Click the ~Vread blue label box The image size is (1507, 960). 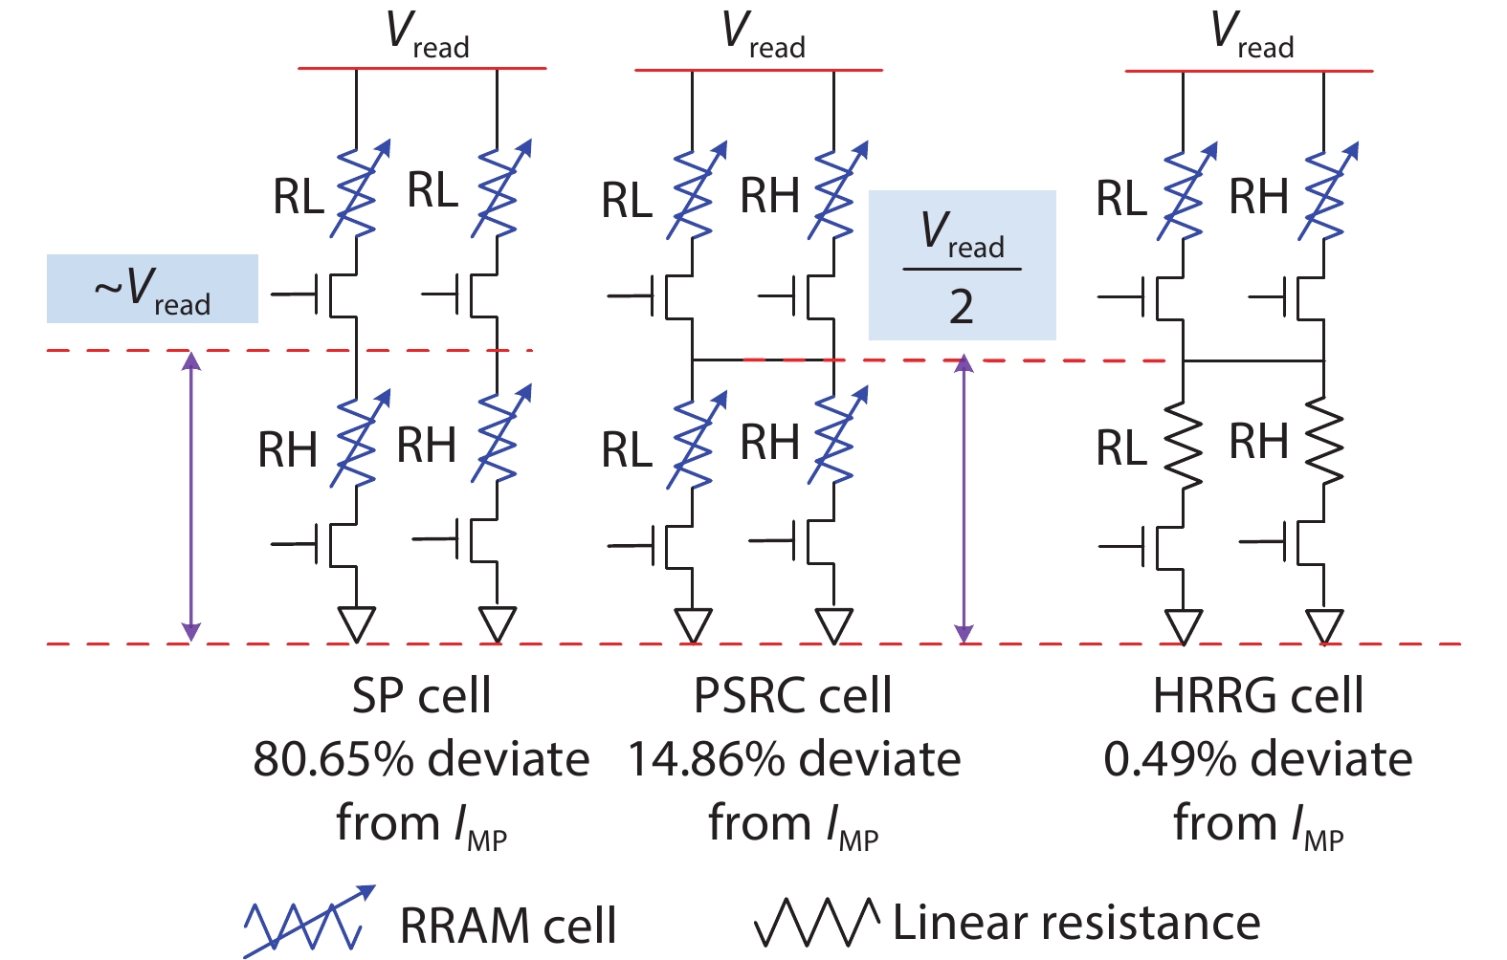click(x=152, y=289)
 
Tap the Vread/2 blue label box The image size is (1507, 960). click(x=962, y=266)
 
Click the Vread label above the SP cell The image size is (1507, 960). click(x=427, y=34)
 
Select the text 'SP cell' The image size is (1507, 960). click(x=421, y=696)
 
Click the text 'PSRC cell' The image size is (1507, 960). click(x=792, y=696)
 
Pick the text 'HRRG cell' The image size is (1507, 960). click(x=1257, y=696)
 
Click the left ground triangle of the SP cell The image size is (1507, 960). click(x=356, y=625)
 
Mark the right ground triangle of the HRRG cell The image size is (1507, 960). click(x=1325, y=627)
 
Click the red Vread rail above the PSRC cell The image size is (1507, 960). click(x=758, y=70)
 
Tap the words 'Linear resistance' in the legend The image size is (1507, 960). click(x=1076, y=923)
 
